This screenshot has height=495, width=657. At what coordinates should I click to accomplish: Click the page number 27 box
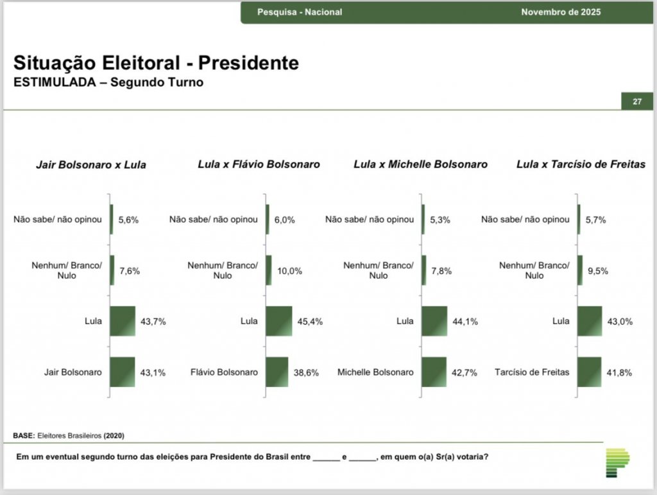coord(637,101)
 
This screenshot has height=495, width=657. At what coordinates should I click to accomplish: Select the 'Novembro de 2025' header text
coord(561,12)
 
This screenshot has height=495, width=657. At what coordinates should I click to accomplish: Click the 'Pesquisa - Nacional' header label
coord(300,12)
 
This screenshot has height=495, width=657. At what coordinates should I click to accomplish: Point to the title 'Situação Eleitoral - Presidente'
coord(156,64)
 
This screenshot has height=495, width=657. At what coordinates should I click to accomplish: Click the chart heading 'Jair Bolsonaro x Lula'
coord(90,165)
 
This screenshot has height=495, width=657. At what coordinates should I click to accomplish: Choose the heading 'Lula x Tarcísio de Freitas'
coord(581,164)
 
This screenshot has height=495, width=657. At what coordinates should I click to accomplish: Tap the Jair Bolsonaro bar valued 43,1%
coord(123,372)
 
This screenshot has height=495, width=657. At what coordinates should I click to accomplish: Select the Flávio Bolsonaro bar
coord(277,372)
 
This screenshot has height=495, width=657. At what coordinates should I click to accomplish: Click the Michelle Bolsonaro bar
coord(434,372)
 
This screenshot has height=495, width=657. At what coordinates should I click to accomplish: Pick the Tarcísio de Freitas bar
coord(589,372)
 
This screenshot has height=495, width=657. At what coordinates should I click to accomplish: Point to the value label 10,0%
coord(289,271)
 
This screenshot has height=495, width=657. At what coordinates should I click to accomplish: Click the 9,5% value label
coord(597,271)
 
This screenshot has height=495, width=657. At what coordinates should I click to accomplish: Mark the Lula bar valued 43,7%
coord(123,321)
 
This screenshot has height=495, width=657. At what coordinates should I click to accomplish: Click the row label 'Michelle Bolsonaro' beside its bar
coord(375,372)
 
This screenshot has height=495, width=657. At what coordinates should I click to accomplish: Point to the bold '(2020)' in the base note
coord(114,436)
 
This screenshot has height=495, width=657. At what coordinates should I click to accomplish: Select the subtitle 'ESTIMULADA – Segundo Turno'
coord(108,82)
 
